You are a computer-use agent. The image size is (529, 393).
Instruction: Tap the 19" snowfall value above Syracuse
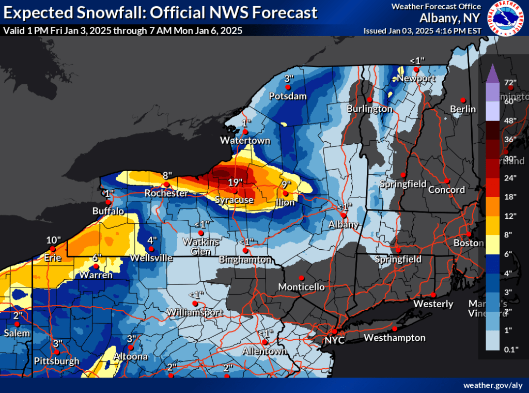pos(235,183)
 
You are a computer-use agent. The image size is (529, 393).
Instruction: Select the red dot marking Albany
pos(343,215)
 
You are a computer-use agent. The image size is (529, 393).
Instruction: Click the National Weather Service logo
pos(505,19)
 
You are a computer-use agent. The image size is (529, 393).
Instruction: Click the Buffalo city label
pos(108,211)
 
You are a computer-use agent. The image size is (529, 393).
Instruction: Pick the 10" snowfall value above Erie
pos(53,240)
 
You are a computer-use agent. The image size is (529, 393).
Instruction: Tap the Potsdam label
pos(288,96)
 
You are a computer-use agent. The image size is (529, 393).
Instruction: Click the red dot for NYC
pos(334,331)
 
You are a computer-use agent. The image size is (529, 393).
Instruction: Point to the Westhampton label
pos(395,338)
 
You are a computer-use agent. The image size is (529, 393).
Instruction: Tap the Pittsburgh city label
pos(57,360)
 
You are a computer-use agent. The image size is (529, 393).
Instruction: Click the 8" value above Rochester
pos(166,175)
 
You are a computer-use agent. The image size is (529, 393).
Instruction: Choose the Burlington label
pos(369,109)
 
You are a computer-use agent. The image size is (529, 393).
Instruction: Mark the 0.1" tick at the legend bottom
pos(510,350)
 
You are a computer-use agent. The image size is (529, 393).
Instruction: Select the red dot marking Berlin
pos(463,100)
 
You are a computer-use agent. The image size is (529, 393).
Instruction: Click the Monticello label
pos(301,286)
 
